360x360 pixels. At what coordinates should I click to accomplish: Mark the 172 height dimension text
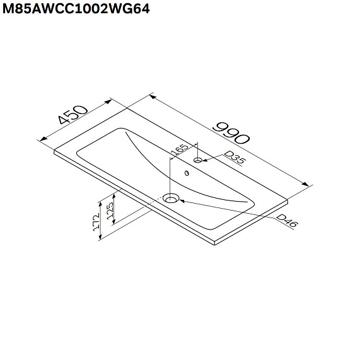(96, 221)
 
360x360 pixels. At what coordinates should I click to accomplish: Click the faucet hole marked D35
(199, 161)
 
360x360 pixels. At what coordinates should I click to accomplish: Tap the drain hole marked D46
(170, 198)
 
